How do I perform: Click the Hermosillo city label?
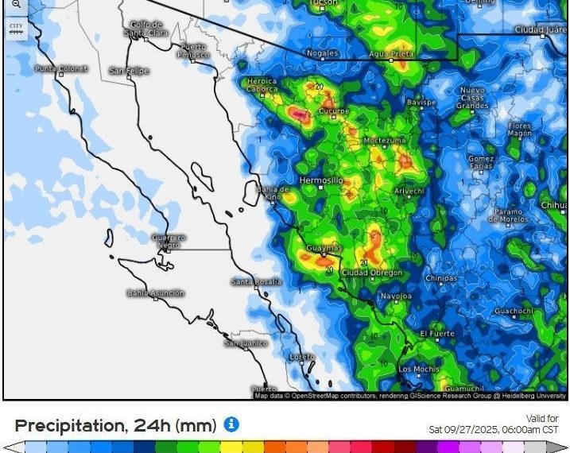point(320,180)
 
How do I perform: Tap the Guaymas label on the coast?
point(324,248)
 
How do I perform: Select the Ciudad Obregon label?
point(371,273)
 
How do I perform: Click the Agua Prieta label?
point(390,53)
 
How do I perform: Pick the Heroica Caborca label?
point(262,86)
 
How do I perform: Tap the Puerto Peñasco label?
point(192,50)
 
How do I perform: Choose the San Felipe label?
point(129,71)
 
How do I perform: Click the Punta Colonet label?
point(60,69)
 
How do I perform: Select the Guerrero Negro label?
point(169,241)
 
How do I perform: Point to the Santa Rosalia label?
point(256,282)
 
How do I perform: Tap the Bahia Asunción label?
point(155,293)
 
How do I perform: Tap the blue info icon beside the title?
point(231,424)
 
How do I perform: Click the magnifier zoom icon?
point(16,5)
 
